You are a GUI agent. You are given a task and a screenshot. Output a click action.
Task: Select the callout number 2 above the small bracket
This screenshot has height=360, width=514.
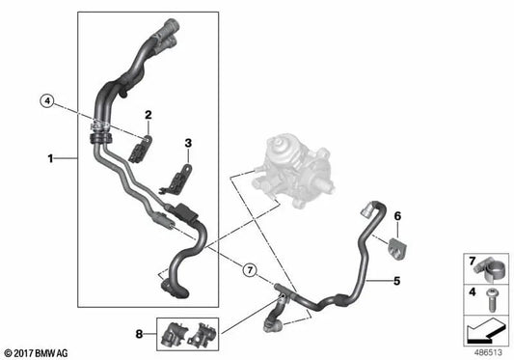point(149,116)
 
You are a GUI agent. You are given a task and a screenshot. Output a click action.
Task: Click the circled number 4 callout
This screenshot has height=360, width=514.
point(47,99)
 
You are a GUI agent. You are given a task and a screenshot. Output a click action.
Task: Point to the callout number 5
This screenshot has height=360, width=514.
point(394,282)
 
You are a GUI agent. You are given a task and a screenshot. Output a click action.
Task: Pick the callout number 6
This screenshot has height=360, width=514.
point(395,216)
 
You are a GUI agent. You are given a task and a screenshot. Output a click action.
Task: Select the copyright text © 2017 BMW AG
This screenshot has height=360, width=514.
point(40,352)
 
